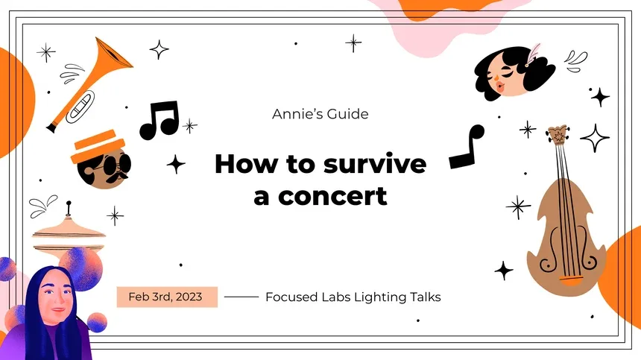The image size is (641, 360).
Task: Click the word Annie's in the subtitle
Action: [294, 114]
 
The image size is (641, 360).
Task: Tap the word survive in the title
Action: [375, 164]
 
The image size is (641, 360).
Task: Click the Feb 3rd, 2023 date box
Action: [167, 297]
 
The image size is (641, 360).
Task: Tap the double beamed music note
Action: [160, 119]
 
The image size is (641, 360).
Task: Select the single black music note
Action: [467, 148]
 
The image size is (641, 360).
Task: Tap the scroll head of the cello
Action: [556, 136]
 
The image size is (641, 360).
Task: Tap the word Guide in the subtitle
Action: [347, 114]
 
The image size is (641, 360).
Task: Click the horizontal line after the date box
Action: [241, 297]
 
